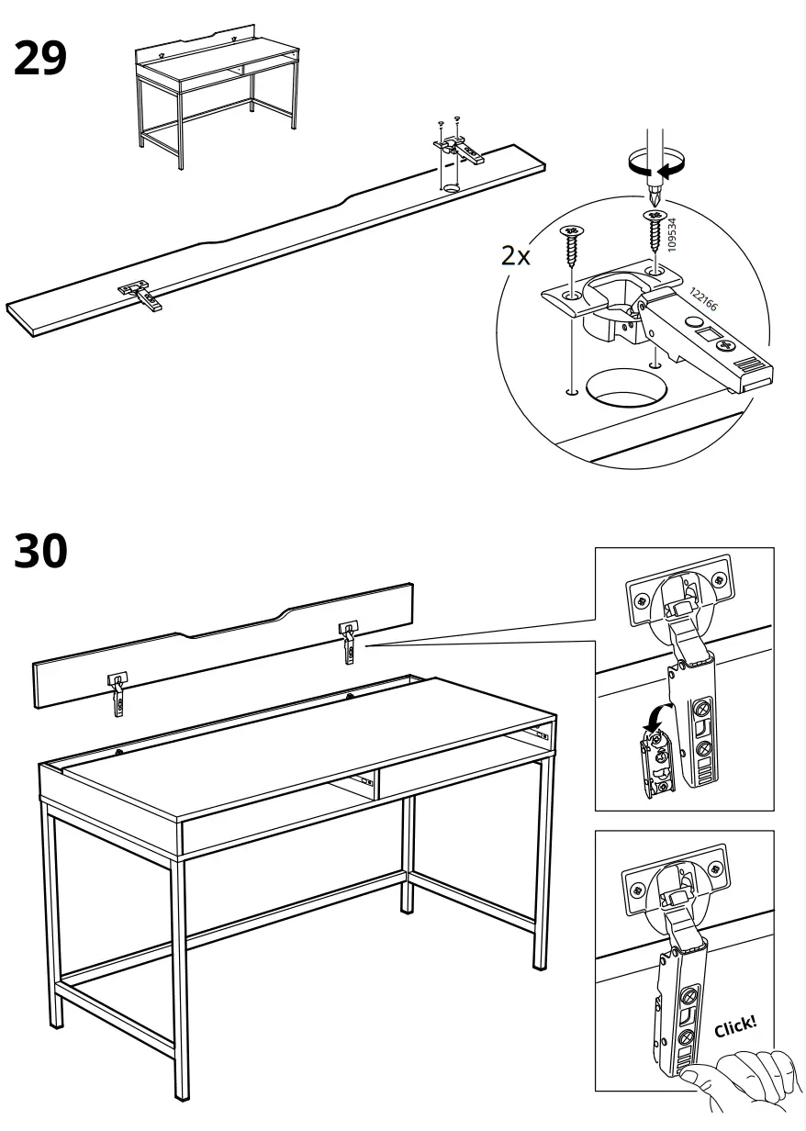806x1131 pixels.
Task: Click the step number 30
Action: coord(40,551)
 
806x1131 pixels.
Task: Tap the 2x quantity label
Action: coord(516,255)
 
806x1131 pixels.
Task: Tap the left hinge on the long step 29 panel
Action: coord(140,292)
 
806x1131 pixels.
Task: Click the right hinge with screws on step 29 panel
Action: coord(456,147)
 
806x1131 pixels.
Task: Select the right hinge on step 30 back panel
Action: coord(349,640)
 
